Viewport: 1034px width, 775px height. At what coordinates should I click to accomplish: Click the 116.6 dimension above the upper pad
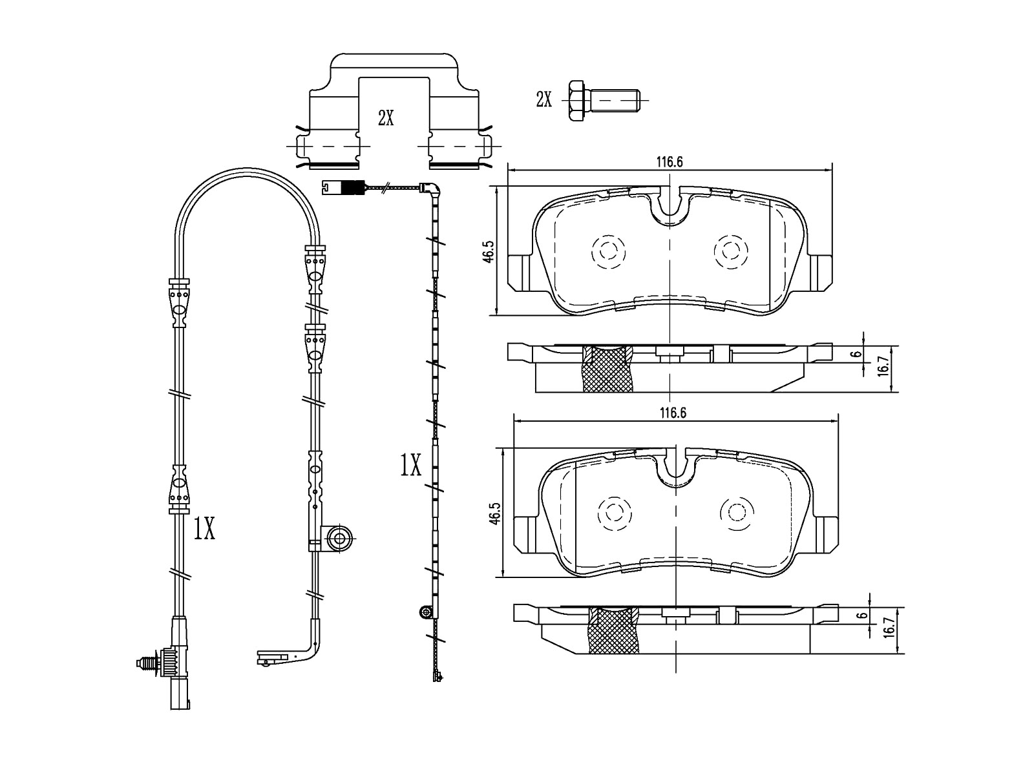pyautogui.click(x=670, y=162)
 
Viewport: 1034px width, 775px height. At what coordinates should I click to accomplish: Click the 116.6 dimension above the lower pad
pyautogui.click(x=673, y=413)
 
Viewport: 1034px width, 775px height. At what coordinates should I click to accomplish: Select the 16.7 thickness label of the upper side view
pyautogui.click(x=883, y=366)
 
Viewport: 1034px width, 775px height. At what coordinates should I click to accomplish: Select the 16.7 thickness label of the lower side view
pyautogui.click(x=889, y=627)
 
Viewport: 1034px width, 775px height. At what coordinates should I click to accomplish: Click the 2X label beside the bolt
pyautogui.click(x=543, y=99)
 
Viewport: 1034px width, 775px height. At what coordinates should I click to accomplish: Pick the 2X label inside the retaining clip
pyautogui.click(x=386, y=118)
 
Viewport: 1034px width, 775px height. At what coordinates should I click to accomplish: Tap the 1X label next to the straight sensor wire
pyautogui.click(x=410, y=465)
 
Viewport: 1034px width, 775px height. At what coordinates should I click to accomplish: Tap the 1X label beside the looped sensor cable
pyautogui.click(x=204, y=528)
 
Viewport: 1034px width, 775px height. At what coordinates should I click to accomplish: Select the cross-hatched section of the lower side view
pyautogui.click(x=614, y=630)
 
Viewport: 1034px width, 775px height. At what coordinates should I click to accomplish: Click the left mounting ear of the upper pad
pyautogui.click(x=522, y=273)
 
